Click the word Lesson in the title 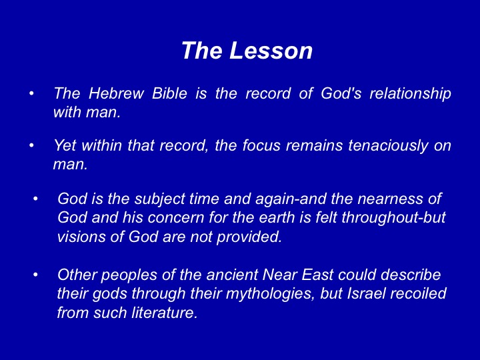271,50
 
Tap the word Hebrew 116,93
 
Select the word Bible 169,93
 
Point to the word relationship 410,94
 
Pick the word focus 261,145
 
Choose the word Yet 65,145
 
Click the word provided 249,237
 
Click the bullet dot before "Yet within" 31,145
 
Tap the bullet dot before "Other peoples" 35,275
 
